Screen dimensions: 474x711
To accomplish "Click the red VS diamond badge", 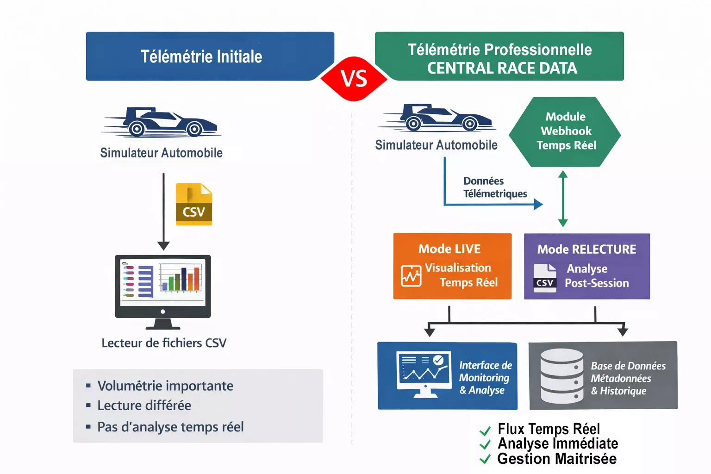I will point(354,79).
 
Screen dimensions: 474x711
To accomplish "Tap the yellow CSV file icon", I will point(194,205).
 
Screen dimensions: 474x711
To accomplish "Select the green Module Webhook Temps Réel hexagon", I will point(565,131).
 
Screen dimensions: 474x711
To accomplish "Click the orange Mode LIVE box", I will point(452,266).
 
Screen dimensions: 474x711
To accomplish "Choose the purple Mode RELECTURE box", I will point(586,266).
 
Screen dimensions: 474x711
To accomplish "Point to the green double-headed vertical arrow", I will point(563,199).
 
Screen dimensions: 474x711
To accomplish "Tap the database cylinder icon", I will point(562,376).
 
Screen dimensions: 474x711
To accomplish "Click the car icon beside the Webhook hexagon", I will point(437,118).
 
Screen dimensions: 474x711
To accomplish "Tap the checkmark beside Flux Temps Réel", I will point(485,431).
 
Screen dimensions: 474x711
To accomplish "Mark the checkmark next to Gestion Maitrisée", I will point(485,459).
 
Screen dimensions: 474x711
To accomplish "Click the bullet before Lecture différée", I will point(88,405).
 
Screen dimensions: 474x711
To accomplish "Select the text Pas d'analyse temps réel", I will point(170,427).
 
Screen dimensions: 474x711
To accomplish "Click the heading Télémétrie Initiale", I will point(201,56).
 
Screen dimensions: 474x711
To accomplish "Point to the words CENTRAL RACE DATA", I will point(502,69).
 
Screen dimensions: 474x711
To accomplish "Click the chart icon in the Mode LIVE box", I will point(411,276).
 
